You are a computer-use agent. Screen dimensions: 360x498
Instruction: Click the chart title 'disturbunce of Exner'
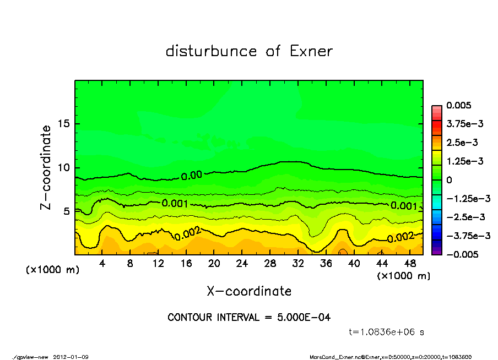tap(249, 51)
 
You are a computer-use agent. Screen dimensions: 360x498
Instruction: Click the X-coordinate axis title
tap(249, 291)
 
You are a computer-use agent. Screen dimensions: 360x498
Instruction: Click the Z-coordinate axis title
tap(46, 167)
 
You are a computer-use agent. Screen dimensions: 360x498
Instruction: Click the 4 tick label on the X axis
tap(102, 263)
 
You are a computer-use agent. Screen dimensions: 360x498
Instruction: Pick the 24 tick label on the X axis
tap(242, 263)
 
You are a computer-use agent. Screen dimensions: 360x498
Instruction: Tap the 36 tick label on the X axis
tap(326, 263)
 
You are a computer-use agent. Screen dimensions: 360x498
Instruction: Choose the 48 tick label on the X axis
tap(409, 263)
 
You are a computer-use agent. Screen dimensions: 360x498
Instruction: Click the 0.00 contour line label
tap(192, 175)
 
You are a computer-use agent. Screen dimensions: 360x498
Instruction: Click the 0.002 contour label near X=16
tap(187, 233)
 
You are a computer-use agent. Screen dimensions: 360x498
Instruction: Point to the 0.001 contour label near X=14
tap(175, 203)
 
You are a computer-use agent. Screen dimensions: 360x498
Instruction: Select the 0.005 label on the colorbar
tap(459, 105)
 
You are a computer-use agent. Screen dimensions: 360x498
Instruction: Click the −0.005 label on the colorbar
tap(462, 254)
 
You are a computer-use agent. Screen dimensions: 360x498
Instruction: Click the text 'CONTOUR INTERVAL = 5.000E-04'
tap(249, 318)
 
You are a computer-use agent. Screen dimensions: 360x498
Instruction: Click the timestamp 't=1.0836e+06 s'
tap(386, 332)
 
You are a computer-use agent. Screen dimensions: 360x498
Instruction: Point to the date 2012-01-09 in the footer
tap(71, 357)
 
